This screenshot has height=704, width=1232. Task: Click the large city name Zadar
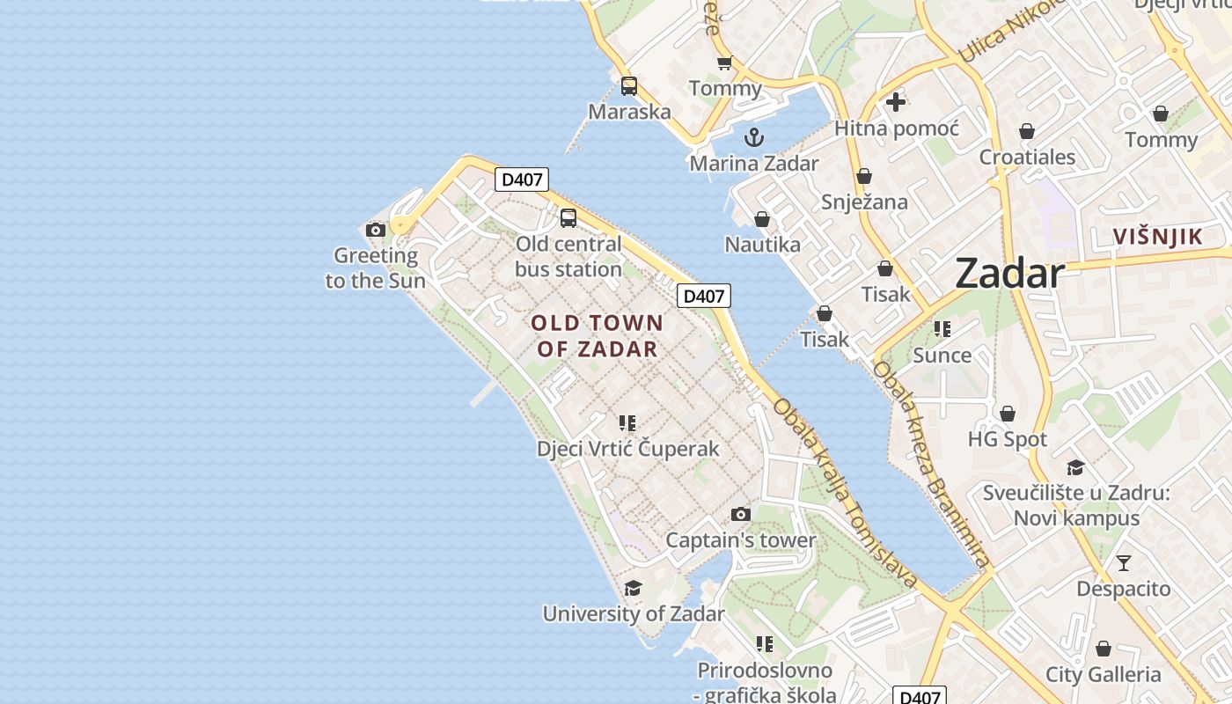pyautogui.click(x=1009, y=274)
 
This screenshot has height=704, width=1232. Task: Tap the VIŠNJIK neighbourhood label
pyautogui.click(x=1157, y=237)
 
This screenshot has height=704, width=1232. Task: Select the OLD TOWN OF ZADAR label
pyautogui.click(x=598, y=336)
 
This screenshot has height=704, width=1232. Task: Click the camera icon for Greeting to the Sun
pyautogui.click(x=376, y=231)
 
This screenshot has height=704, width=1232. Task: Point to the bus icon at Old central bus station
pyautogui.click(x=568, y=218)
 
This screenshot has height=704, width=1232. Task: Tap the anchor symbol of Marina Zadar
pyautogui.click(x=753, y=137)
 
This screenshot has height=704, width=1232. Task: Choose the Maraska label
pyautogui.click(x=629, y=112)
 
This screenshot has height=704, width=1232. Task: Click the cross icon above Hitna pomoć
pyautogui.click(x=896, y=102)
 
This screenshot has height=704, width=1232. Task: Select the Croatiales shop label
pyautogui.click(x=1027, y=158)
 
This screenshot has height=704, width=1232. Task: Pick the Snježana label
pyautogui.click(x=864, y=202)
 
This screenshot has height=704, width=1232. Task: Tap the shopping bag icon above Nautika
pyautogui.click(x=762, y=219)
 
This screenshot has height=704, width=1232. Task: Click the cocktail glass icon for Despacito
pyautogui.click(x=1123, y=563)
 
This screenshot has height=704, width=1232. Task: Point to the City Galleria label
pyautogui.click(x=1103, y=675)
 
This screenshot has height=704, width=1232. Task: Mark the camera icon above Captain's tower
pyautogui.click(x=741, y=515)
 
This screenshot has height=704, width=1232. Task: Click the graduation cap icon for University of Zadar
pyautogui.click(x=633, y=588)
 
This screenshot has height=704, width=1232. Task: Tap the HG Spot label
pyautogui.click(x=1008, y=439)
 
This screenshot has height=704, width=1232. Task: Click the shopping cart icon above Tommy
pyautogui.click(x=724, y=63)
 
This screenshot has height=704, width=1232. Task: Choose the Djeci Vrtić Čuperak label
pyautogui.click(x=628, y=449)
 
